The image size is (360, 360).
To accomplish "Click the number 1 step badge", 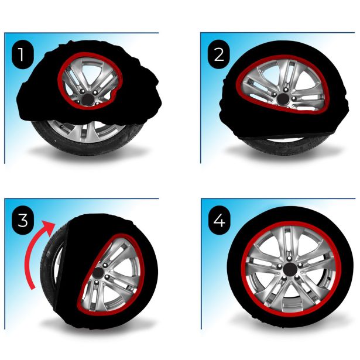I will coord(21,55).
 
